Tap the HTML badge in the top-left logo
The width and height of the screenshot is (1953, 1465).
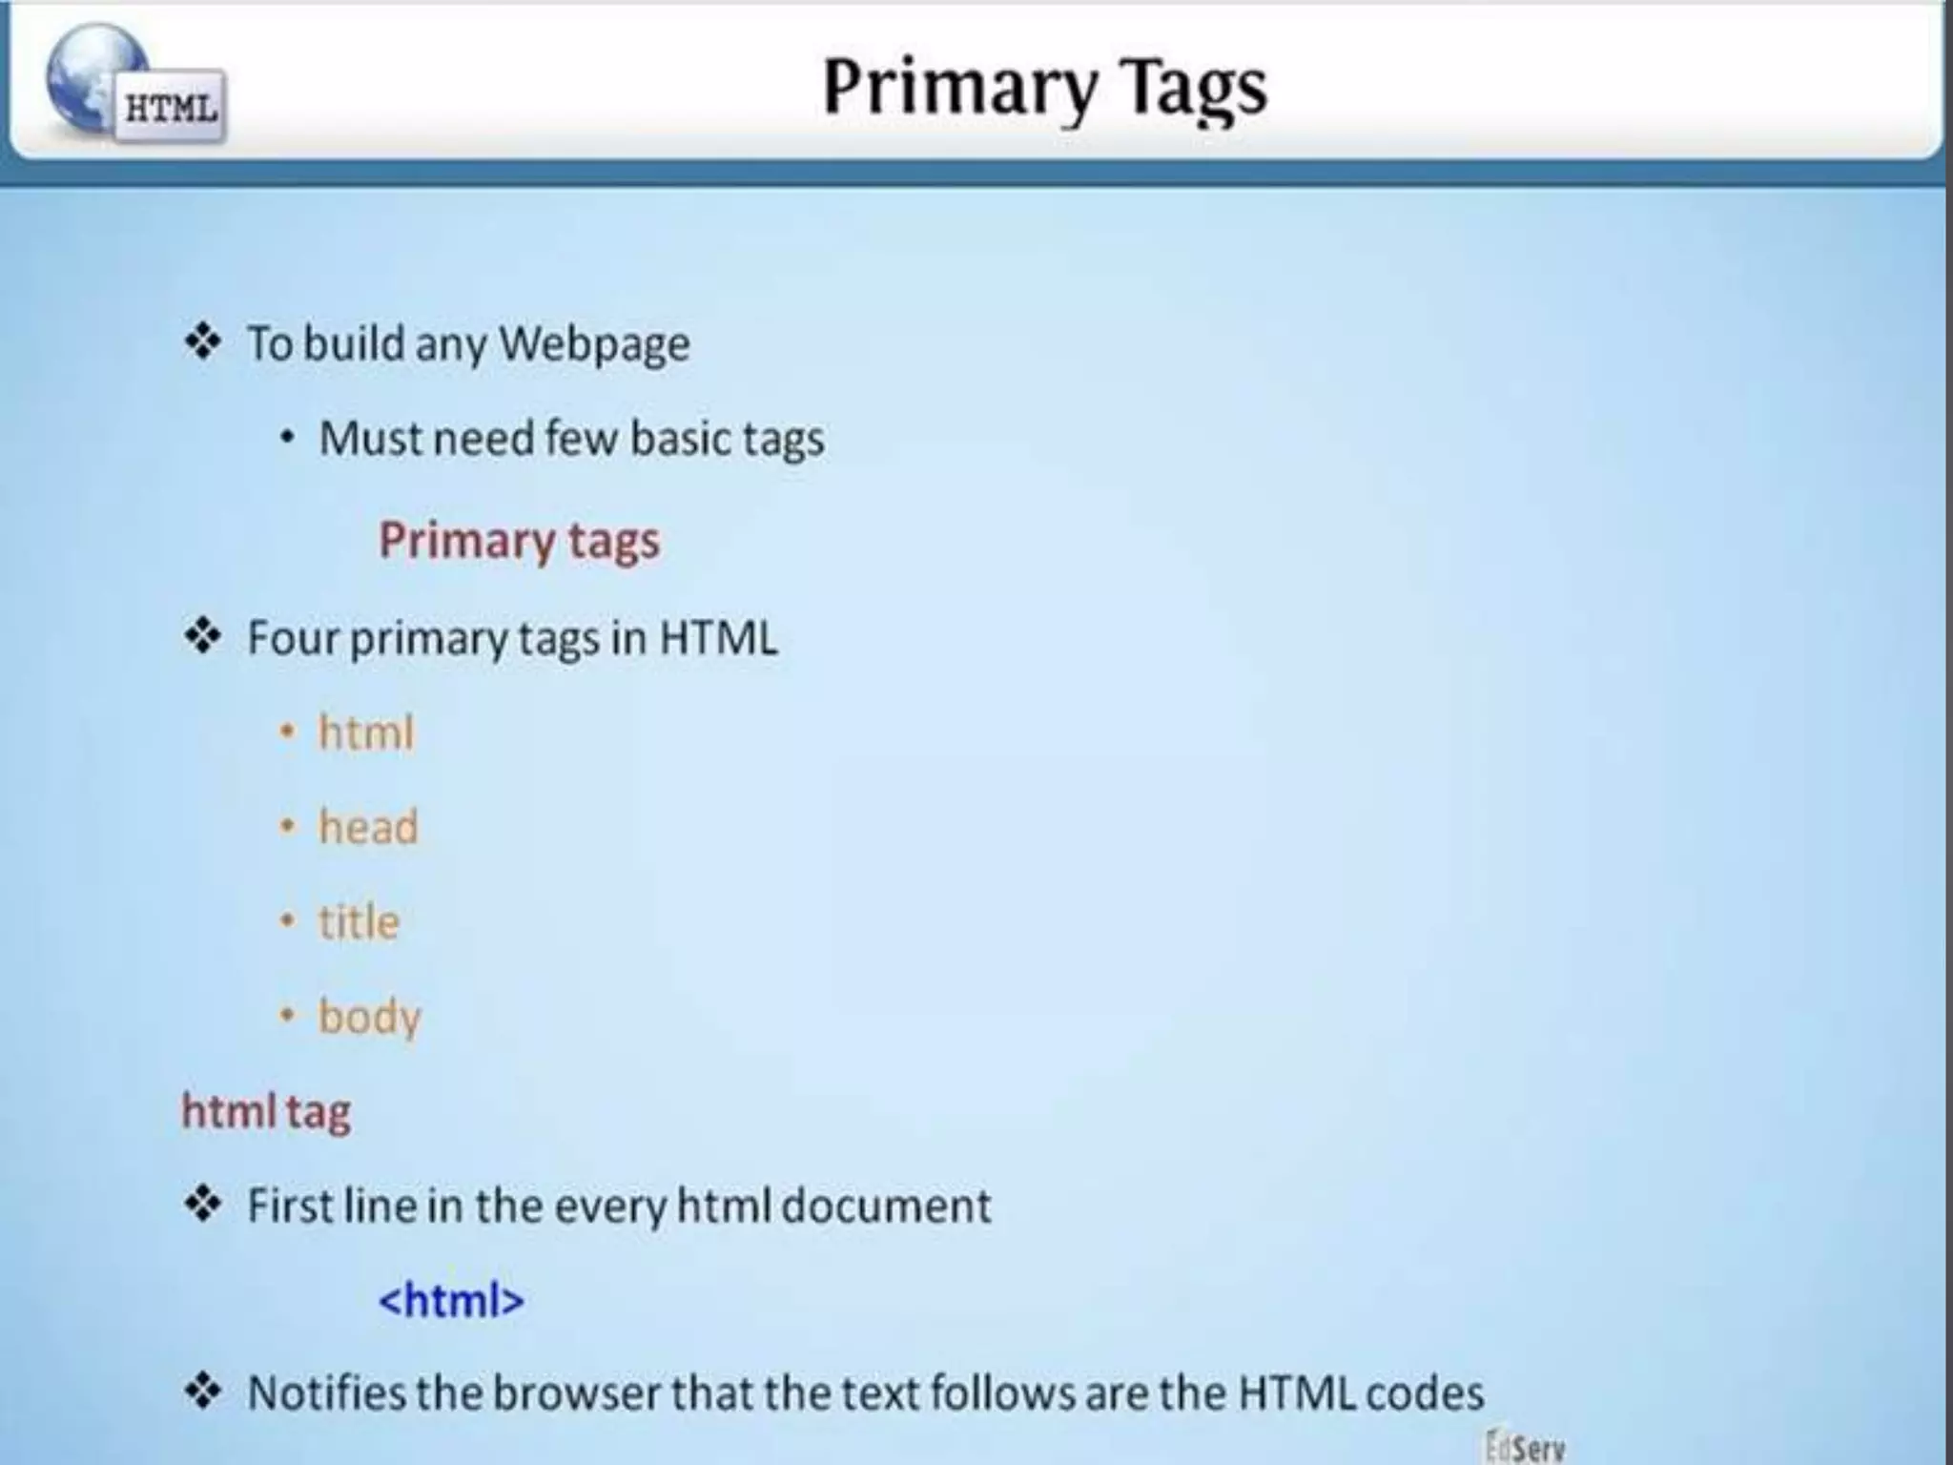(x=171, y=108)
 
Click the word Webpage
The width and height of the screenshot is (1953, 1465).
(x=594, y=344)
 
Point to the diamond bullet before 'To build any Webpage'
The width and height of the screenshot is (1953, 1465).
(x=202, y=342)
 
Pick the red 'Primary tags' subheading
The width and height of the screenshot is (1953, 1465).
(x=519, y=541)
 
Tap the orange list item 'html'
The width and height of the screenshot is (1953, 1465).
(x=366, y=733)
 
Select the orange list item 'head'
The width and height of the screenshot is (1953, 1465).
(x=368, y=827)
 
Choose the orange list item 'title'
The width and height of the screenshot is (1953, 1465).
(x=359, y=922)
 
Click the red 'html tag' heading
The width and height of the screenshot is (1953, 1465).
(x=266, y=1112)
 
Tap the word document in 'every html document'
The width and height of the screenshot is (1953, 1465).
(x=886, y=1206)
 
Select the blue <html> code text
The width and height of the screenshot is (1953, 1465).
(x=451, y=1300)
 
